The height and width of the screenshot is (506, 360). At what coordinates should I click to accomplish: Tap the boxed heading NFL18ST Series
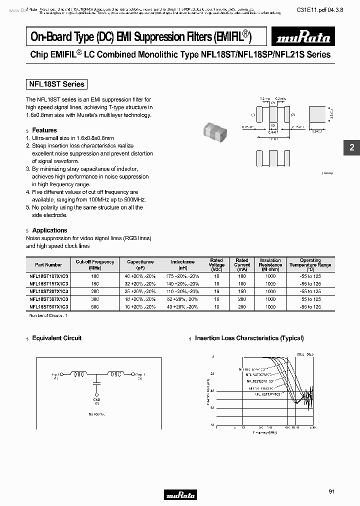pyautogui.click(x=56, y=84)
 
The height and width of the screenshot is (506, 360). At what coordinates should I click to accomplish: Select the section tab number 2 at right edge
pyautogui.click(x=351, y=148)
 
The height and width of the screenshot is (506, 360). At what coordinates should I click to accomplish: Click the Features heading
pyautogui.click(x=44, y=130)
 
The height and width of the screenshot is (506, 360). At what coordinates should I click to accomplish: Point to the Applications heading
pyautogui.click(x=49, y=230)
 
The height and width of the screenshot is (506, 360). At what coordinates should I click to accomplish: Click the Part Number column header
pyautogui.click(x=48, y=264)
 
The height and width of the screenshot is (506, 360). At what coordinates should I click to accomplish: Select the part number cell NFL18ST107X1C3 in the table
pyautogui.click(x=48, y=276)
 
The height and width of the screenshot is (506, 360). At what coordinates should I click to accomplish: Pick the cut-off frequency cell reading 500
pyautogui.click(x=95, y=306)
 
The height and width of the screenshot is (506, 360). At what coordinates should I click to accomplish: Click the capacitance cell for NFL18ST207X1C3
pyautogui.click(x=140, y=291)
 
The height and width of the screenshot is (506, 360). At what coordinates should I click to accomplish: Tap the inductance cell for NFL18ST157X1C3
pyautogui.click(x=182, y=283)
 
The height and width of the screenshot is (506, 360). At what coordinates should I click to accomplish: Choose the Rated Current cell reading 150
pyautogui.click(x=242, y=291)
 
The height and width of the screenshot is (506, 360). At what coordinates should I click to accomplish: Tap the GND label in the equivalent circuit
pyautogui.click(x=96, y=399)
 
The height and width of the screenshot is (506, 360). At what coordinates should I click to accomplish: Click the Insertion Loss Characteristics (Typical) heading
pyautogui.click(x=249, y=338)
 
